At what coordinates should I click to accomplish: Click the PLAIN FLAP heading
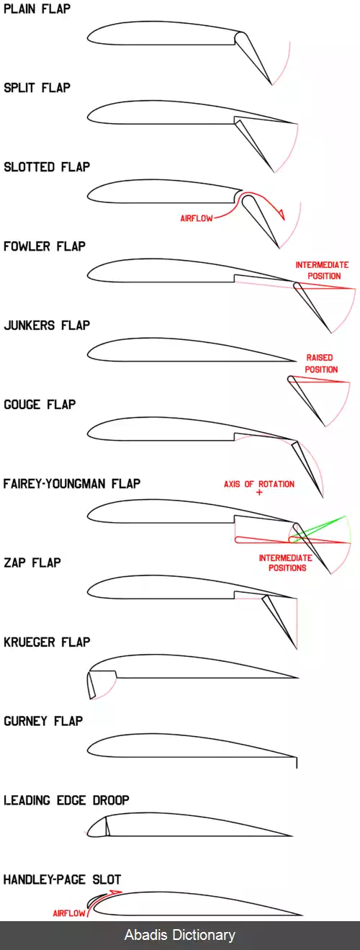[37, 9]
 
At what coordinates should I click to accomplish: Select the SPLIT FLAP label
[37, 88]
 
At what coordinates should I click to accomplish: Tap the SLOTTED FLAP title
[47, 167]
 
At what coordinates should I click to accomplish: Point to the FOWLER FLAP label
[45, 246]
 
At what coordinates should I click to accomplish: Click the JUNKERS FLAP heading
[47, 326]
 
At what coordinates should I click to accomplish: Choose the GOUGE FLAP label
[40, 405]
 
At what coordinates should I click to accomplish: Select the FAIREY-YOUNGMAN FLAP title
[72, 484]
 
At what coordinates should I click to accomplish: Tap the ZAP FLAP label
[32, 563]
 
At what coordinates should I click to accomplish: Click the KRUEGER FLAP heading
[47, 642]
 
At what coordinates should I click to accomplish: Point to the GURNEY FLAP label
[43, 722]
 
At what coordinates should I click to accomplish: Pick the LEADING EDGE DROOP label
[66, 800]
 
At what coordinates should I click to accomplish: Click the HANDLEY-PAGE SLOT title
[63, 879]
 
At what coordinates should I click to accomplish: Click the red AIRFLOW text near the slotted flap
[197, 218]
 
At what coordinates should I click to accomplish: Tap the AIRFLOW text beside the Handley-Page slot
[69, 913]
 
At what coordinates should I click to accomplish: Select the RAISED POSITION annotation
[321, 364]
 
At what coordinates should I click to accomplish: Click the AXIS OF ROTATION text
[259, 484]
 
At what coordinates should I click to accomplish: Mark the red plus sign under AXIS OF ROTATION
[259, 493]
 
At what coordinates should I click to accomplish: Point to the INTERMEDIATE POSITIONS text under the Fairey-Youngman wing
[286, 563]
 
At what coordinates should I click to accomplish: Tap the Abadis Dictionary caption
[180, 935]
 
